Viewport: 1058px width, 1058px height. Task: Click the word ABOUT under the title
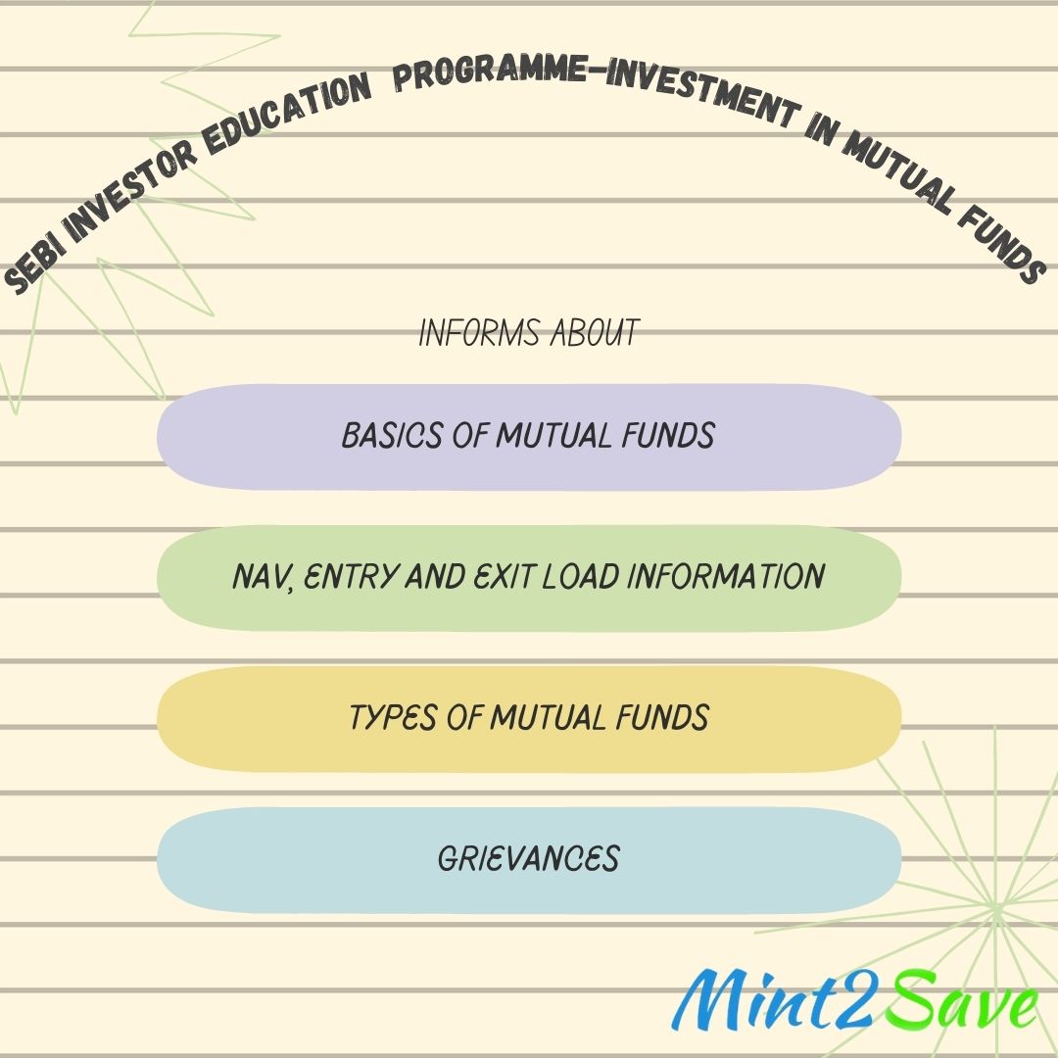click(595, 333)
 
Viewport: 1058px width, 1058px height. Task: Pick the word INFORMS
click(480, 333)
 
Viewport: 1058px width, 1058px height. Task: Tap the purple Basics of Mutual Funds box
click(529, 437)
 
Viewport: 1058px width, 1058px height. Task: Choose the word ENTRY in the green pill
click(350, 577)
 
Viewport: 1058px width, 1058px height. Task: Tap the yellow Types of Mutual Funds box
click(529, 719)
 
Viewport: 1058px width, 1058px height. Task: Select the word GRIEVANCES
click(528, 859)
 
